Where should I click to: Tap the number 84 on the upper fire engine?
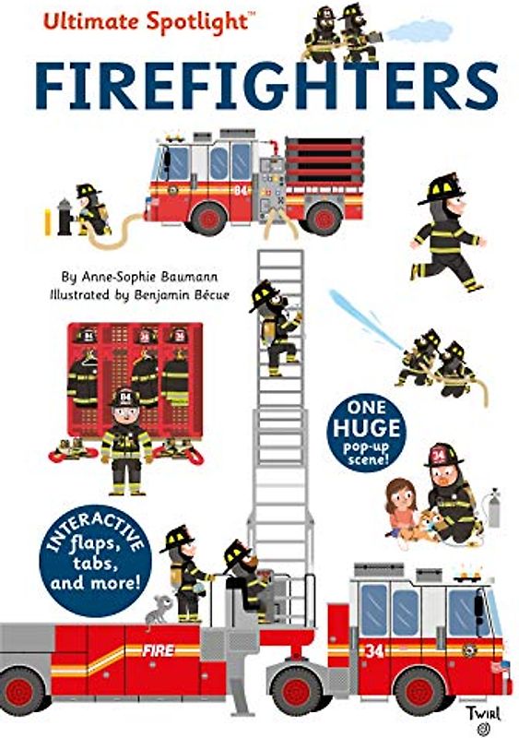[242, 192]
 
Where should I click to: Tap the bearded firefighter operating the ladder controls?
[242, 577]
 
